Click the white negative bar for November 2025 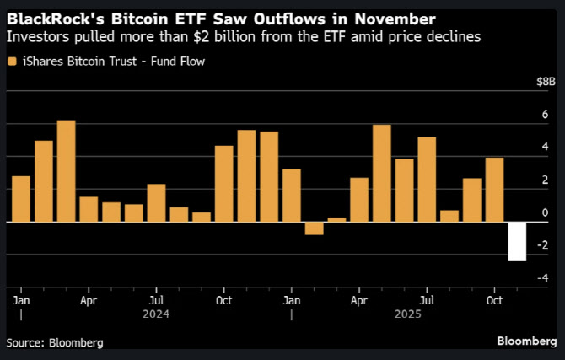pyautogui.click(x=517, y=241)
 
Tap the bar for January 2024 pyautogui.click(x=21, y=199)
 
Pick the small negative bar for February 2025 pyautogui.click(x=314, y=228)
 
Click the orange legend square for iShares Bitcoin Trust pyautogui.click(x=10, y=61)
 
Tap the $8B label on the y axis pyautogui.click(x=546, y=83)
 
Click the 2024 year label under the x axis pyautogui.click(x=156, y=314)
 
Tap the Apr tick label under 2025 pyautogui.click(x=358, y=298)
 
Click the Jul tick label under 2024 pyautogui.click(x=156, y=298)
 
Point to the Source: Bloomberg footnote pyautogui.click(x=55, y=343)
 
